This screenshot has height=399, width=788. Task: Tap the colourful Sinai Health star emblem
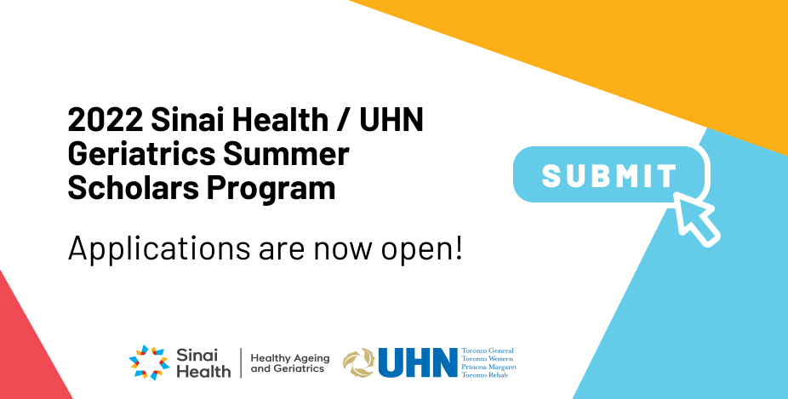[149, 362]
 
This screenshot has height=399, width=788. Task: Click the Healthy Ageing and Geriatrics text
[289, 363]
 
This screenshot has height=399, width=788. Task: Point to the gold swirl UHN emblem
[359, 362]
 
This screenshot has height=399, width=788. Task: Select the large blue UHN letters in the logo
[417, 362]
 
